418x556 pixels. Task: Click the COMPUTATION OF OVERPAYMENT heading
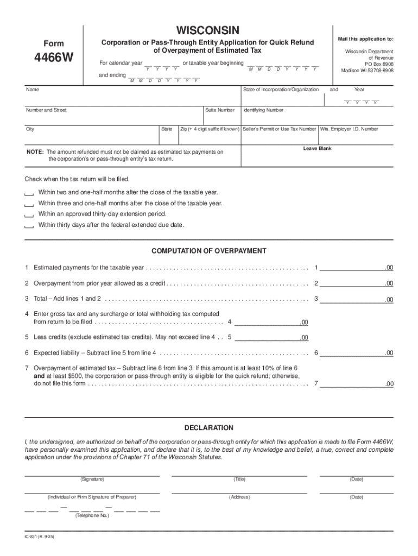(209, 251)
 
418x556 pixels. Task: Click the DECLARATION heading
(209, 428)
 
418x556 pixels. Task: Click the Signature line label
(92, 479)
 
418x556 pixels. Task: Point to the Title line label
(239, 479)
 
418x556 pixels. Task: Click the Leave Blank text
(317, 148)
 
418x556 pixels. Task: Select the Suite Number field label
(220, 110)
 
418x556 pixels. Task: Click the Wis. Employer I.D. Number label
(349, 129)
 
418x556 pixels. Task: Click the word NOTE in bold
(35, 153)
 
